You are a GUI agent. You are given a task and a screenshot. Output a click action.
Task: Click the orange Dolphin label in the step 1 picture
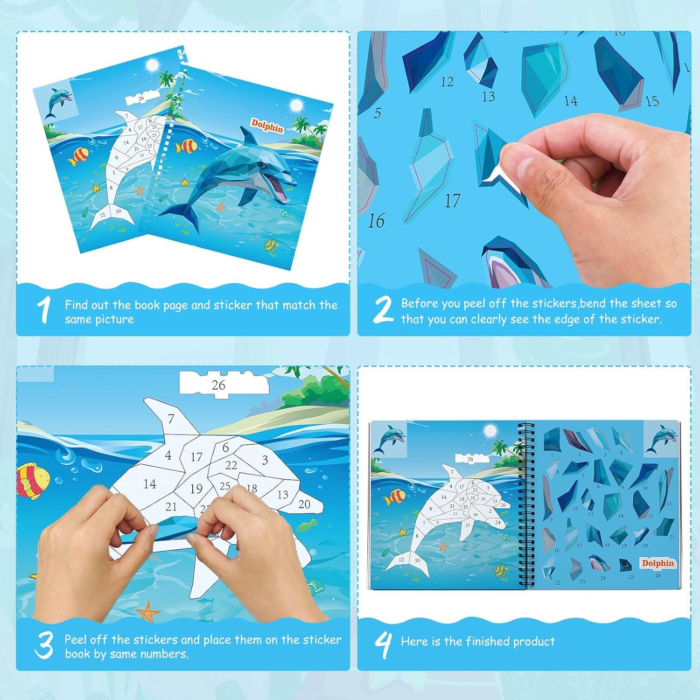pos(267,125)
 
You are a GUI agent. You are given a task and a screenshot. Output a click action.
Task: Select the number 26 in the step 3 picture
pos(218,385)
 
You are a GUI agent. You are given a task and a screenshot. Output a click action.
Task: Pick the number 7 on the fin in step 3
pos(171,419)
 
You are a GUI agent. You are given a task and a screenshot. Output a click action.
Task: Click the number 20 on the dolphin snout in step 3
pos(304,504)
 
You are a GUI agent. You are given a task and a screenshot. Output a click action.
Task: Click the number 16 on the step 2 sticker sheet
pos(376,221)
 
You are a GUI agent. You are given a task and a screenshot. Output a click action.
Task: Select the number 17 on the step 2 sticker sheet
pos(452,201)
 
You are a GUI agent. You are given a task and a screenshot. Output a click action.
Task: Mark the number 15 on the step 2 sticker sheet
pos(652,101)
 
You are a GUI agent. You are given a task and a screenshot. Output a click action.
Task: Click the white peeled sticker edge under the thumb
pos(496,177)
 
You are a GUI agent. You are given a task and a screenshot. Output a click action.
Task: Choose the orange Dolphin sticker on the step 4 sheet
pos(658,563)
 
